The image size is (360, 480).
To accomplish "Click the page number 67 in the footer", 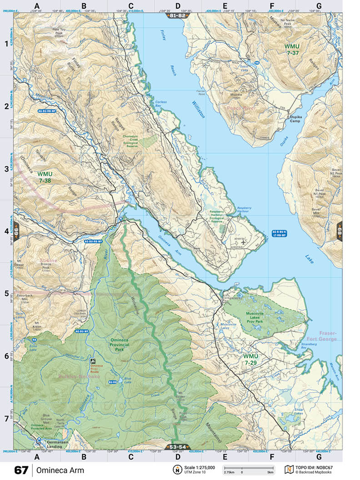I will [21, 470].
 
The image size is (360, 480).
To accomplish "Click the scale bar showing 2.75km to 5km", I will [248, 469].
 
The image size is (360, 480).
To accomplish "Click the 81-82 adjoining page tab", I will [177, 15].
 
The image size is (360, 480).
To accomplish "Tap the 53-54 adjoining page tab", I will [177, 447].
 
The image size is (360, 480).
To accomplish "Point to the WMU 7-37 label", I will [293, 50].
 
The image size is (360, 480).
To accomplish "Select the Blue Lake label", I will [127, 379].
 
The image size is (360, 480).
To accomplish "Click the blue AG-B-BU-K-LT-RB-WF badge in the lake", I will [280, 234].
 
